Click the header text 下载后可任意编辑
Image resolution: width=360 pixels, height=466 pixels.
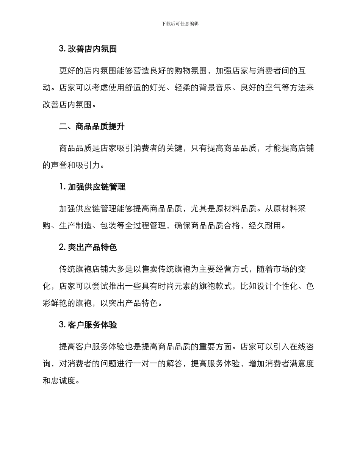pyautogui.click(x=180, y=23)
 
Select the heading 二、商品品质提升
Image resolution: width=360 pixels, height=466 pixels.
pyautogui.click(x=92, y=127)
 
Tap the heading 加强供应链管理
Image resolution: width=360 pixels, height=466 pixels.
pyautogui.click(x=96, y=187)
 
